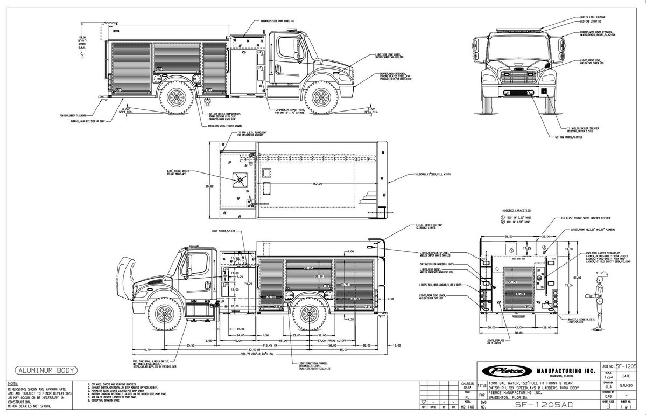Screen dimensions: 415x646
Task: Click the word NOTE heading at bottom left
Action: pos(13,382)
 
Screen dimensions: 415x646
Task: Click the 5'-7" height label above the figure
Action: pos(599,273)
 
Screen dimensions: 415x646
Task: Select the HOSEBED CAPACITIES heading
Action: pos(516,211)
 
